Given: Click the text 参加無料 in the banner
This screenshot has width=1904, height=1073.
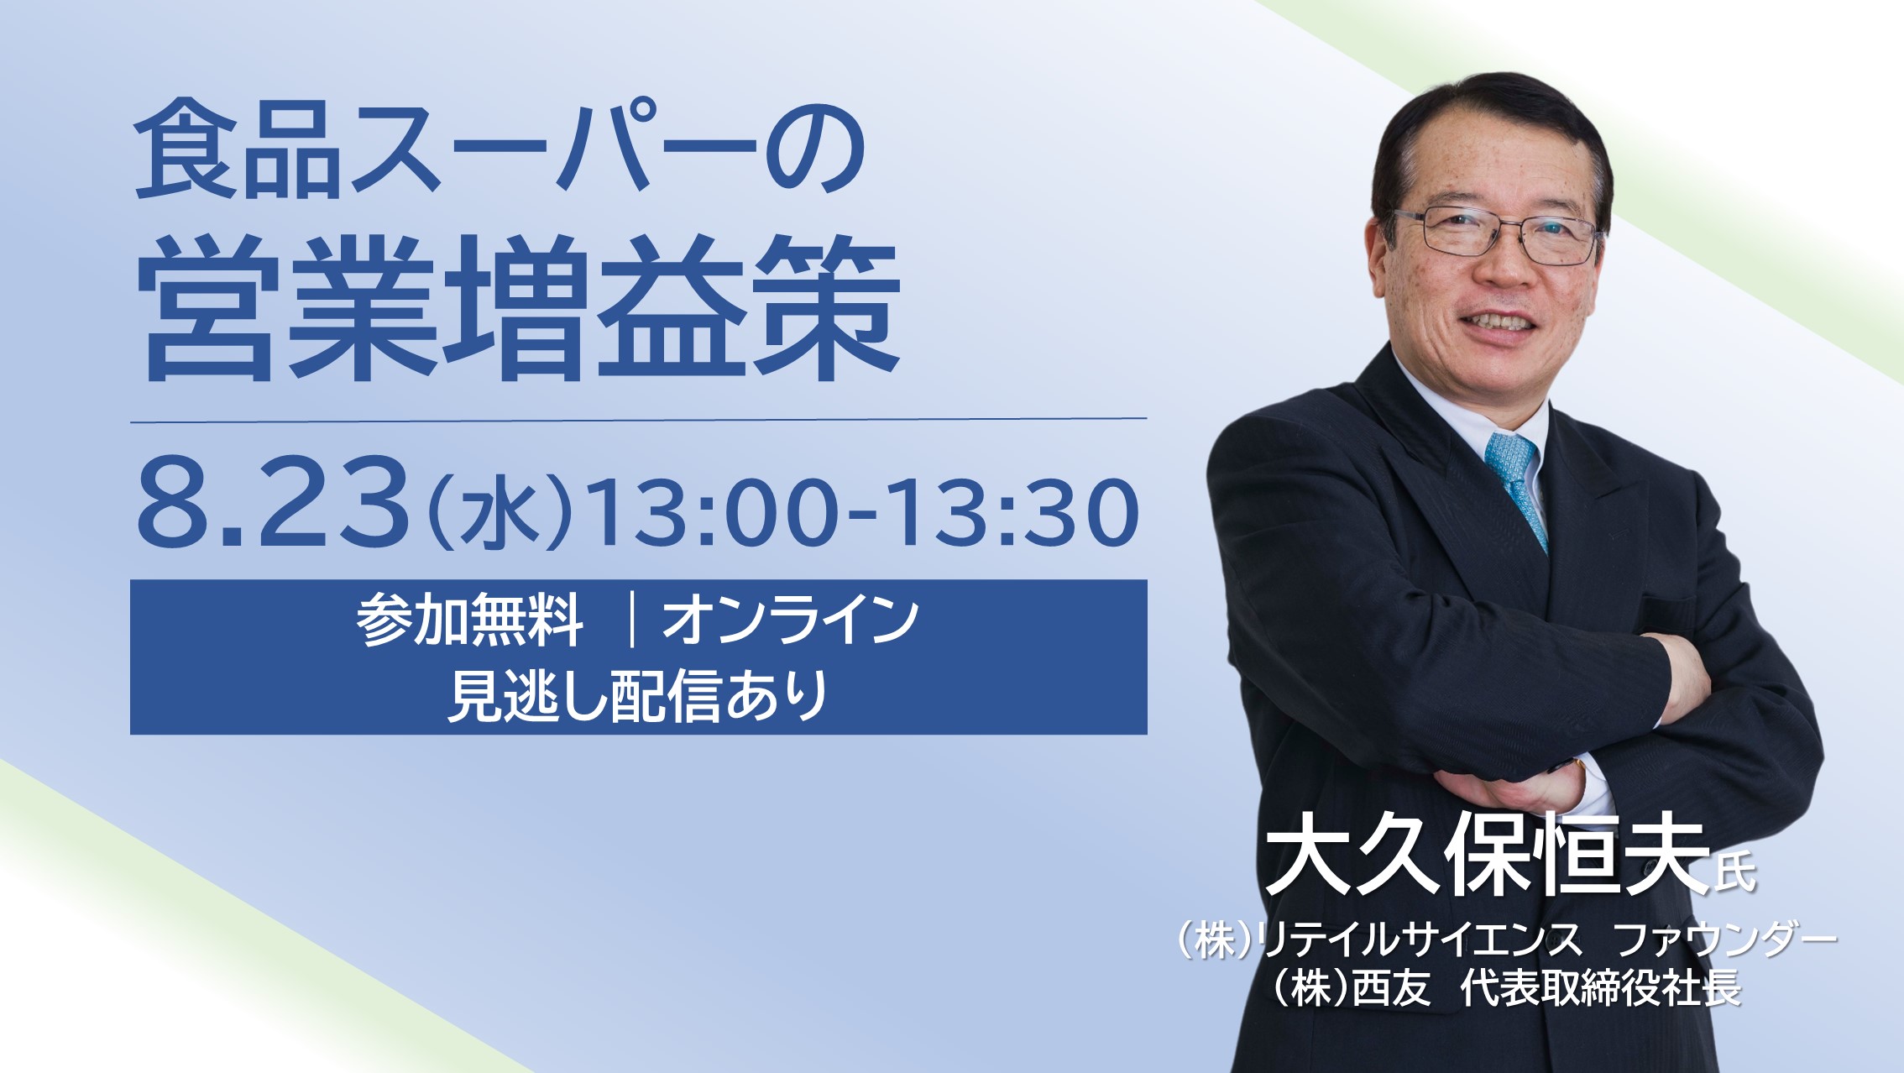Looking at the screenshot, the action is (469, 622).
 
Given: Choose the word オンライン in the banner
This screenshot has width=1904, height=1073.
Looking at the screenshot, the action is (790, 622).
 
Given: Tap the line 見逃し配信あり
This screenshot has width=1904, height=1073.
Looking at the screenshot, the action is (638, 696).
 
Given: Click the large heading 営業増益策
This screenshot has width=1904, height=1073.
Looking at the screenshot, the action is (518, 309).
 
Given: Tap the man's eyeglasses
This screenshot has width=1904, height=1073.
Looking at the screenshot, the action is (1498, 233).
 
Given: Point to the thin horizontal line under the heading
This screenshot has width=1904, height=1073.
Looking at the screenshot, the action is (638, 418).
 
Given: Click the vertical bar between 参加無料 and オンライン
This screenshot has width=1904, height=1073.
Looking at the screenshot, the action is (631, 622).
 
